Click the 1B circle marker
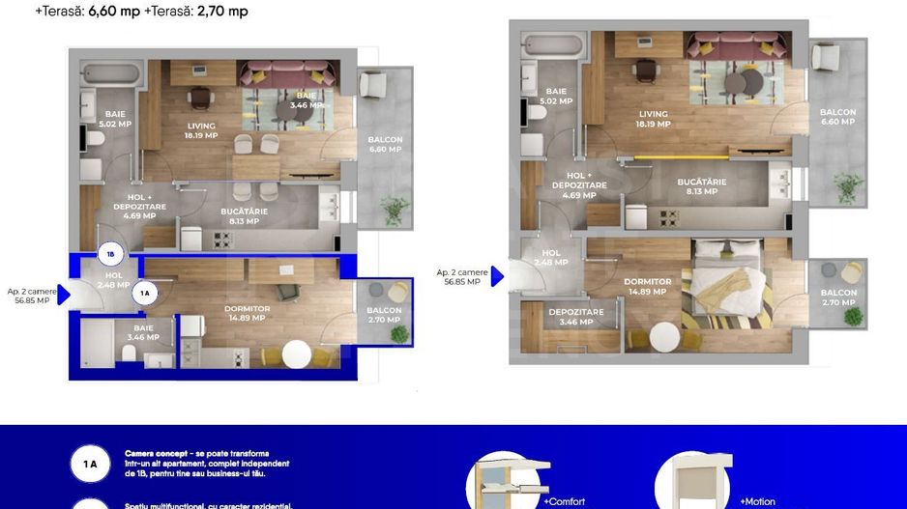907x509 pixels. tap(110, 256)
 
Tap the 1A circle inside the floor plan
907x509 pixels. tap(144, 293)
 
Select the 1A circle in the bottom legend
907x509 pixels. tap(90, 465)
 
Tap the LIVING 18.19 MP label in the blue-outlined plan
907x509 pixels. tap(201, 130)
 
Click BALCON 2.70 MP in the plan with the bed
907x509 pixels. tap(838, 297)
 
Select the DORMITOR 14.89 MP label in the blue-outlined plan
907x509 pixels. tap(247, 313)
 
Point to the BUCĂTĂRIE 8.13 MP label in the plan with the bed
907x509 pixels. tap(701, 186)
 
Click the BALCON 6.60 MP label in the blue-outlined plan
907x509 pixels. tap(385, 144)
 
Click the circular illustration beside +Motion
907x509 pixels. tap(692, 481)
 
